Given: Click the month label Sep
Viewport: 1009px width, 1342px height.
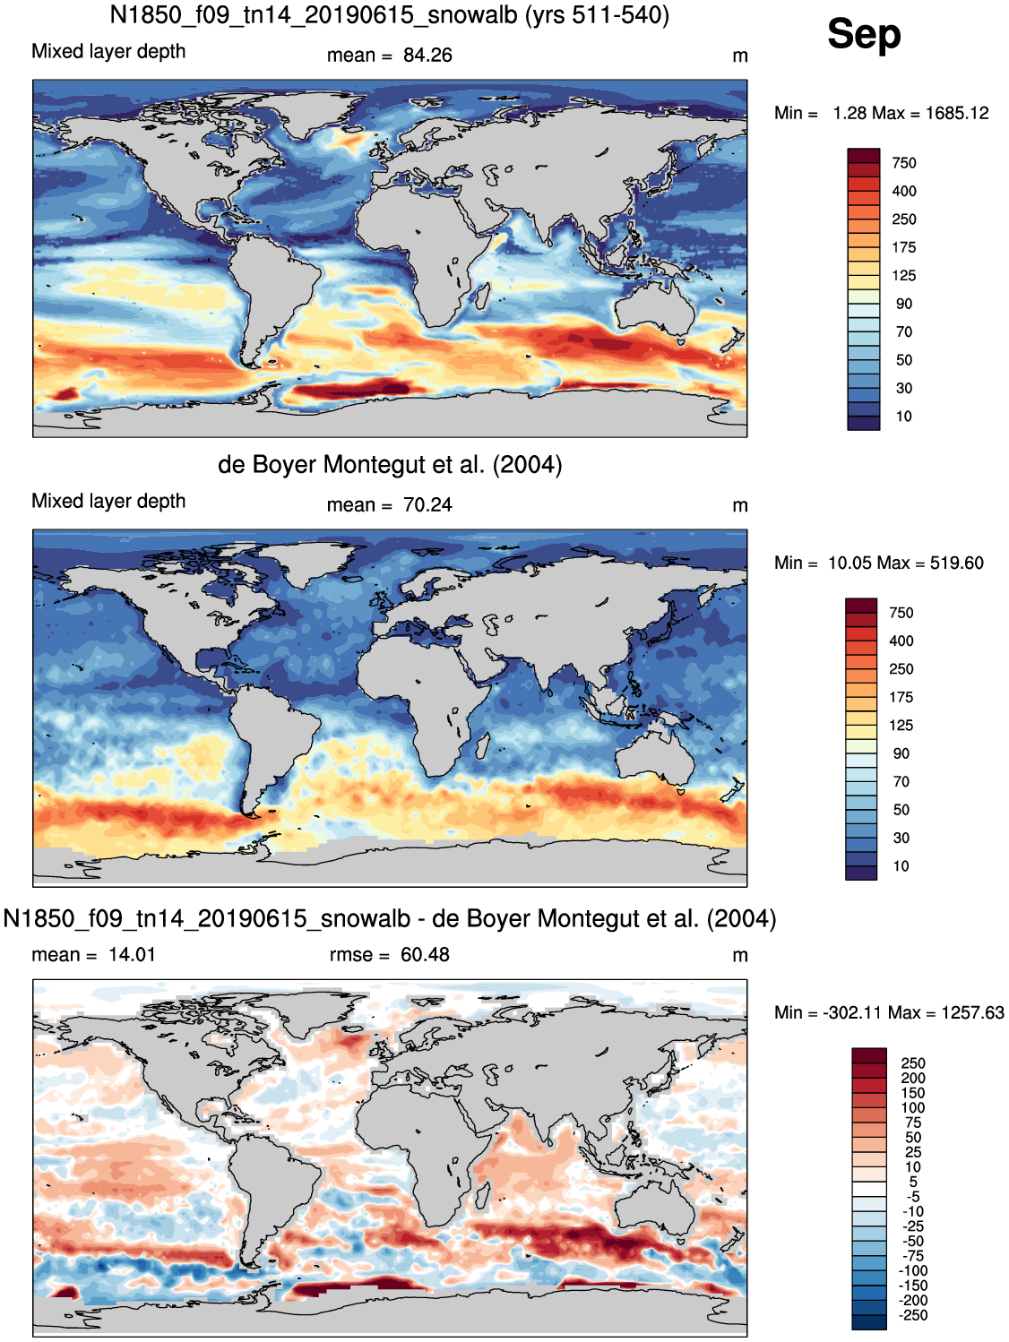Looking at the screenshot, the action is (x=864, y=35).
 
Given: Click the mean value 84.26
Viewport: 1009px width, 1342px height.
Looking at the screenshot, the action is (x=427, y=56).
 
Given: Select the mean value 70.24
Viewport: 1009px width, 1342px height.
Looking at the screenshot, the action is (x=427, y=505).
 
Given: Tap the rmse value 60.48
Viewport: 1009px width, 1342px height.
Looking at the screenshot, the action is (x=425, y=954).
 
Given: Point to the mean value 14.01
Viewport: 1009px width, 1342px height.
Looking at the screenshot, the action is (x=132, y=954).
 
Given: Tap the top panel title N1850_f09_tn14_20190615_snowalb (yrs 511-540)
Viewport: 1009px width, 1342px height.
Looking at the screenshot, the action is (x=390, y=14).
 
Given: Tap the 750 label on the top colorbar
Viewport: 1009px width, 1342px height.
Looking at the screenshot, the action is (x=904, y=163).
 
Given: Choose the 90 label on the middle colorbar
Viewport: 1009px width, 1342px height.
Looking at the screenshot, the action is (x=901, y=753).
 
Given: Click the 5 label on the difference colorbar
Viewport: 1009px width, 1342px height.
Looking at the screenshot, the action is (x=913, y=1182).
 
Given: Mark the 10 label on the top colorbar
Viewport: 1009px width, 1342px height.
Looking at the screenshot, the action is (x=904, y=417).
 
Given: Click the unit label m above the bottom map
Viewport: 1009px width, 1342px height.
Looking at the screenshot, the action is (x=740, y=956).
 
